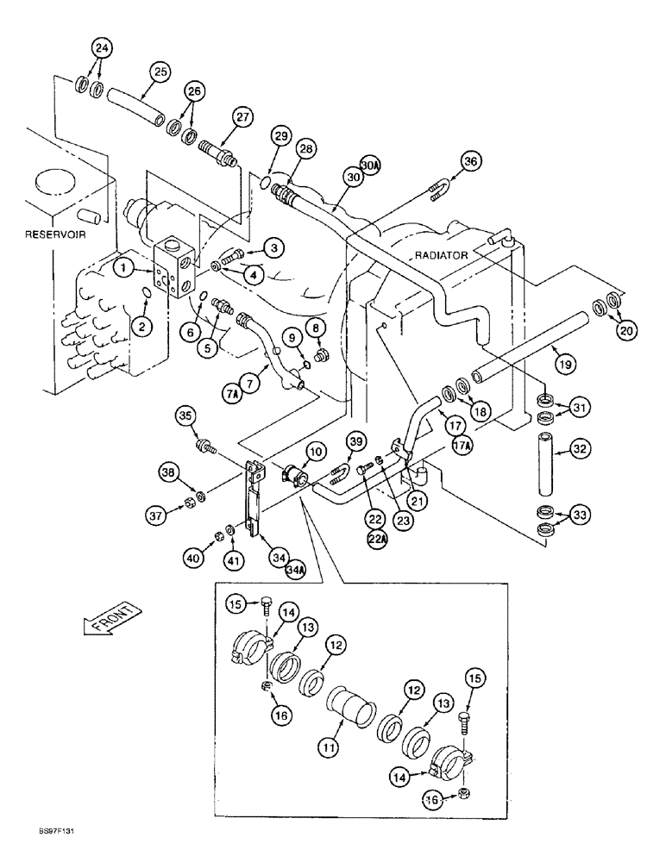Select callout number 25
[160, 72]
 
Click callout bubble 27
[242, 117]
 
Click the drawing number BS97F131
[36, 852]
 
